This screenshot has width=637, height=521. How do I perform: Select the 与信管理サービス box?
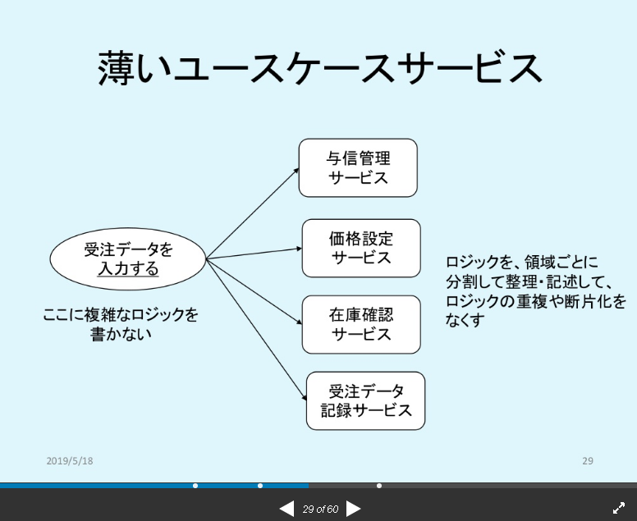358,167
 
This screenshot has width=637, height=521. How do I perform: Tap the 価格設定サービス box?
361,248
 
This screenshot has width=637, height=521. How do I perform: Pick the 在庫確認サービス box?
361,324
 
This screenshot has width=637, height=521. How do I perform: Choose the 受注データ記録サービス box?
366,400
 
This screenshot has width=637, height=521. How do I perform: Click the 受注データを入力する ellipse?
128,258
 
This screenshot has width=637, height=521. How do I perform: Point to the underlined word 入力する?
128,268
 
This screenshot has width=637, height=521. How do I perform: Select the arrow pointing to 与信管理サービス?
254,213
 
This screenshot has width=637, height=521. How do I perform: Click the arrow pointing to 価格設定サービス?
254,253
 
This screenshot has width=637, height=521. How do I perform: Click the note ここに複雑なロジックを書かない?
121,324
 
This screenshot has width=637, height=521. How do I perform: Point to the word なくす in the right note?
465,318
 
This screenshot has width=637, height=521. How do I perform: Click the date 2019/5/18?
70,461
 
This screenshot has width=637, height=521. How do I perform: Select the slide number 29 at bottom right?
588,461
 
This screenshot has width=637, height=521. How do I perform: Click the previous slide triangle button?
286,509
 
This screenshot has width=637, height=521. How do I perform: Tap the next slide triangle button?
353,509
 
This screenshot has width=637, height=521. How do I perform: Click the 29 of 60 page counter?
320,509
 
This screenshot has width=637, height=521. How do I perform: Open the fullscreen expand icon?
619,509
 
